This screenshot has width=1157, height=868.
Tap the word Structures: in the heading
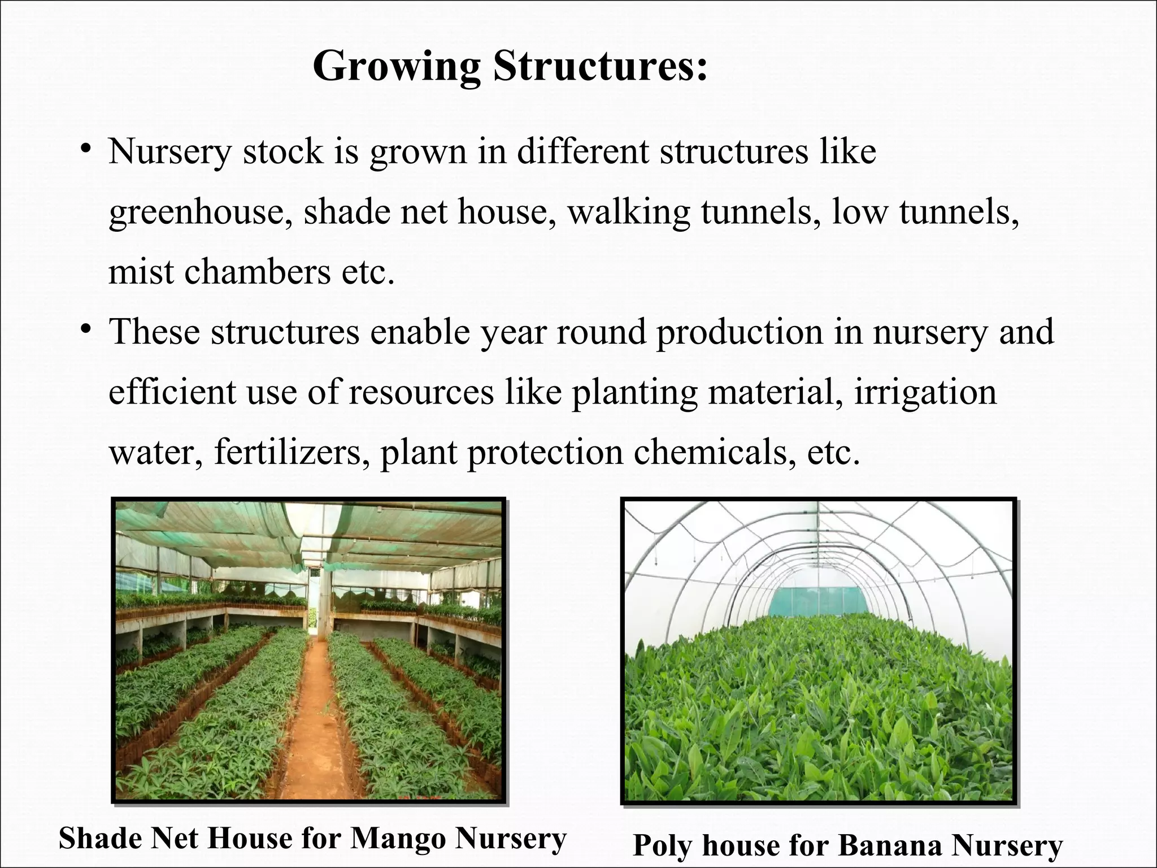point(599,66)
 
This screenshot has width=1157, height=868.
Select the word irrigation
point(925,392)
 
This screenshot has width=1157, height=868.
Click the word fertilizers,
point(288,452)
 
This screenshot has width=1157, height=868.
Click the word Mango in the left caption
point(398,839)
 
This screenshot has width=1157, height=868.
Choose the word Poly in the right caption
point(663,847)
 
